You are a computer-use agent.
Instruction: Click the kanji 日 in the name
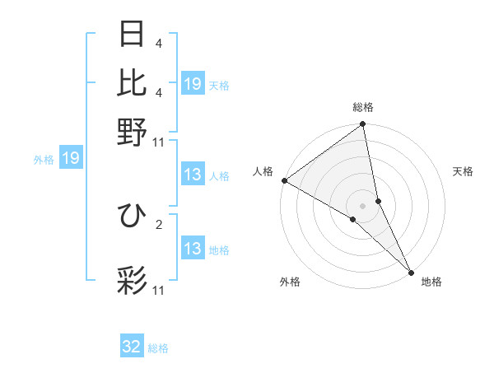pyautogui.click(x=133, y=34)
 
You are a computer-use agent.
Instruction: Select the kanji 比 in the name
pyautogui.click(x=133, y=82)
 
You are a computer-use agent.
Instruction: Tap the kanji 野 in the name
pyautogui.click(x=133, y=131)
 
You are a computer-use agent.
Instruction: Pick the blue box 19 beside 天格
pyautogui.click(x=193, y=83)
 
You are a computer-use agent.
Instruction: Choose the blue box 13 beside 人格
pyautogui.click(x=193, y=175)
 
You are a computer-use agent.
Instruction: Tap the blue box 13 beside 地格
pyautogui.click(x=193, y=249)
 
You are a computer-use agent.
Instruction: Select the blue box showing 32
pyautogui.click(x=132, y=347)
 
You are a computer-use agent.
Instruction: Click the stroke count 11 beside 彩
pyautogui.click(x=159, y=291)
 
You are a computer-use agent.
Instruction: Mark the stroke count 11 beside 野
pyautogui.click(x=159, y=142)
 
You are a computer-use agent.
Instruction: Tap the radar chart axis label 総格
pyautogui.click(x=363, y=107)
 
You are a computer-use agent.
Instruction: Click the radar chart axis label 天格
pyautogui.click(x=463, y=171)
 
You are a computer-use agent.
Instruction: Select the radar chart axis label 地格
pyautogui.click(x=431, y=282)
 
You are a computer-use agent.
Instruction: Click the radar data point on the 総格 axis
pyautogui.click(x=363, y=125)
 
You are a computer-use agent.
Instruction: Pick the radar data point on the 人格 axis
pyautogui.click(x=284, y=180)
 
